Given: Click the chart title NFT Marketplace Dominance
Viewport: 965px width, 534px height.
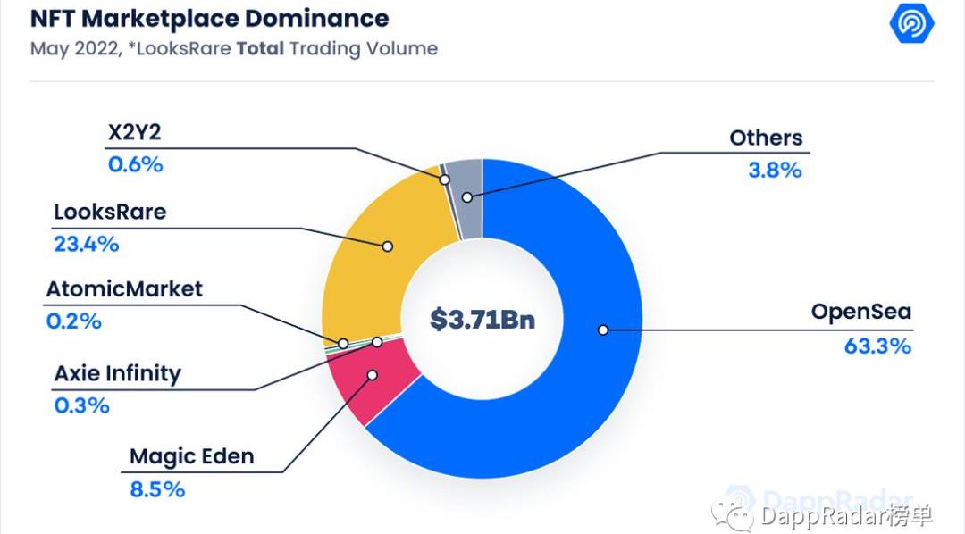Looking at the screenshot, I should coord(210,18).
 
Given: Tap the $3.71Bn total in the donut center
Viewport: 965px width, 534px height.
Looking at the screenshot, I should coord(482,319).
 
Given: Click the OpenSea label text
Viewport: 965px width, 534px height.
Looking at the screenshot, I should coord(860,313).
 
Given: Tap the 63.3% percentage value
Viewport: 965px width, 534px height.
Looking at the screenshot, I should coord(877,346).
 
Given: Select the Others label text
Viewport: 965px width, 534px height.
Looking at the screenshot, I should coord(766,138).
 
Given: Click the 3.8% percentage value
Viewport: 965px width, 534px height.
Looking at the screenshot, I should coord(775,170).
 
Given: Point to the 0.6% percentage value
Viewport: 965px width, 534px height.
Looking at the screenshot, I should coord(135,164).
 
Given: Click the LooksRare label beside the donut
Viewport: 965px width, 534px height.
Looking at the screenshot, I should coord(110,213).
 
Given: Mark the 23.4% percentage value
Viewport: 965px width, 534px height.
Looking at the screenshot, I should coord(86,244).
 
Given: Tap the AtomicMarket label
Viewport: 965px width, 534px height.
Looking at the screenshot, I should coord(124,288).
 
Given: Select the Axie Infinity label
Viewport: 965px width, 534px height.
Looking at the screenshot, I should coord(117,372).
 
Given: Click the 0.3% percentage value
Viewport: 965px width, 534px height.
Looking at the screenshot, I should coord(81,405).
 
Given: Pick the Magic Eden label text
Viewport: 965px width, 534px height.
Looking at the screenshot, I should coord(191,456).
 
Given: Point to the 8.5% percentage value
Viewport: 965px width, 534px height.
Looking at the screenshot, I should coord(156,488).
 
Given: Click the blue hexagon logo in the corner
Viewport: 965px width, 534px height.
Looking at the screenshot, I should coord(911,24).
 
